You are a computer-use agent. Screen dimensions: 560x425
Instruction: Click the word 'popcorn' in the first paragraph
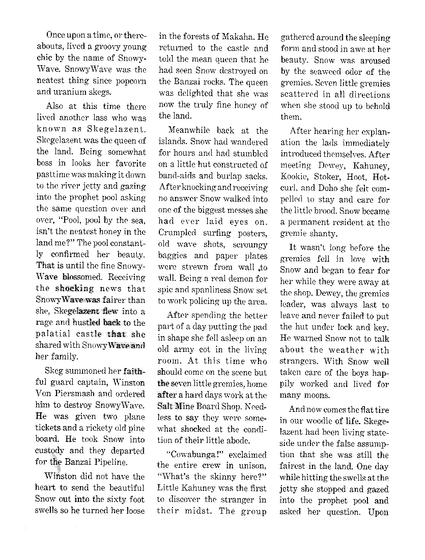(x=129, y=81)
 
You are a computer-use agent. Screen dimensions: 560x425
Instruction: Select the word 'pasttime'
(x=54, y=175)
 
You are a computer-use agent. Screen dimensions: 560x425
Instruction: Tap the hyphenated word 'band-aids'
(x=177, y=176)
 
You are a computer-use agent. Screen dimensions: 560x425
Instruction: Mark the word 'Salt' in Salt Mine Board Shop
(x=166, y=406)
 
